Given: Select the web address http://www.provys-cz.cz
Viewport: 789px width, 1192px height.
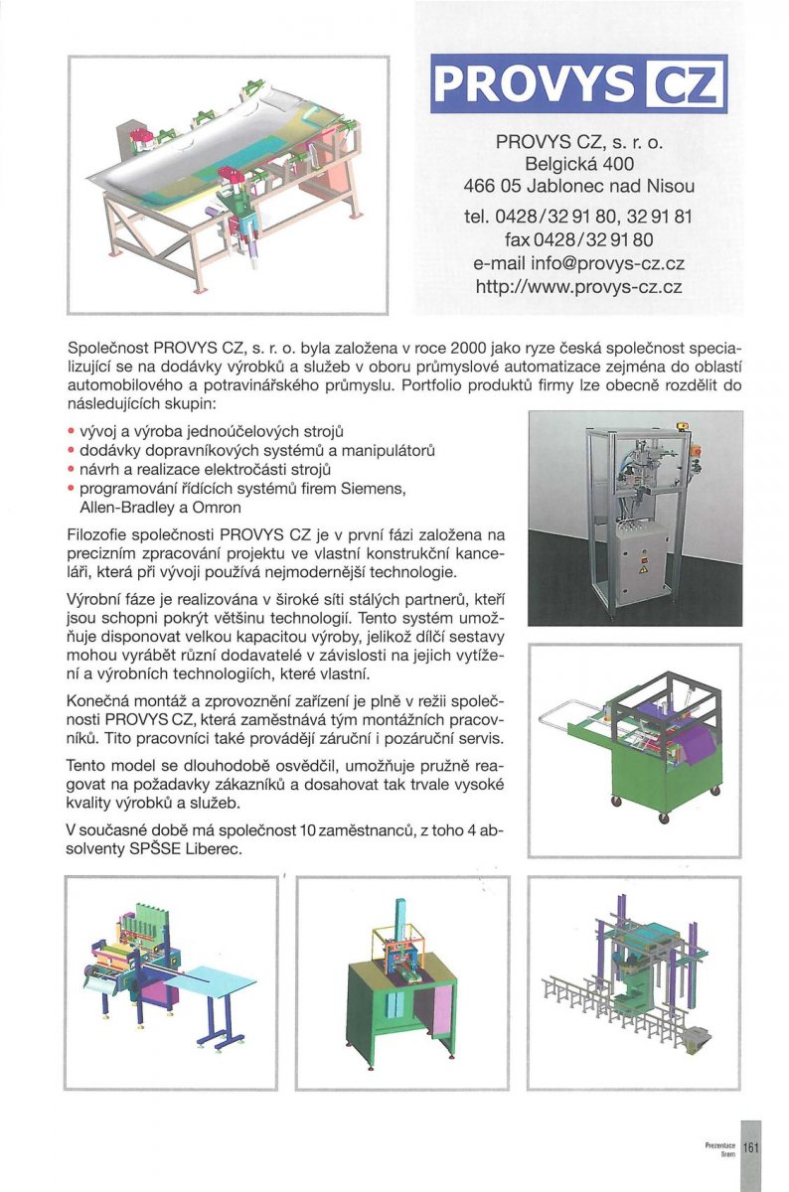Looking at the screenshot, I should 579,288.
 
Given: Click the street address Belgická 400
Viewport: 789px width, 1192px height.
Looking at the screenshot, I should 579,163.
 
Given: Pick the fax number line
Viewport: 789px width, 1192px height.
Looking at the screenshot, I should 579,239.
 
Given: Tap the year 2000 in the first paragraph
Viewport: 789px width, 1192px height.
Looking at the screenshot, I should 467,350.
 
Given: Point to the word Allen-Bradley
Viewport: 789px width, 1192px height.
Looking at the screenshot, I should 130,507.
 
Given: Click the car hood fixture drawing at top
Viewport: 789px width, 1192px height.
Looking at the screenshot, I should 229,184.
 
